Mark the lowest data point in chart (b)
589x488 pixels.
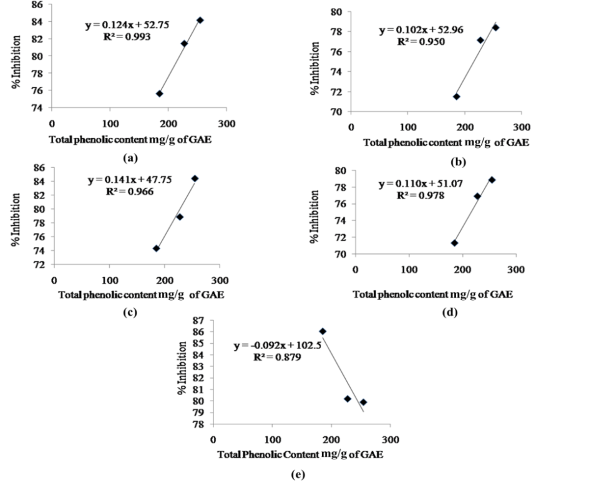point(457,97)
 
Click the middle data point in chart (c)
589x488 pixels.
point(180,217)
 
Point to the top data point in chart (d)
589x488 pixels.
point(492,180)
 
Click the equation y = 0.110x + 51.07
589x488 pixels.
point(422,184)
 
